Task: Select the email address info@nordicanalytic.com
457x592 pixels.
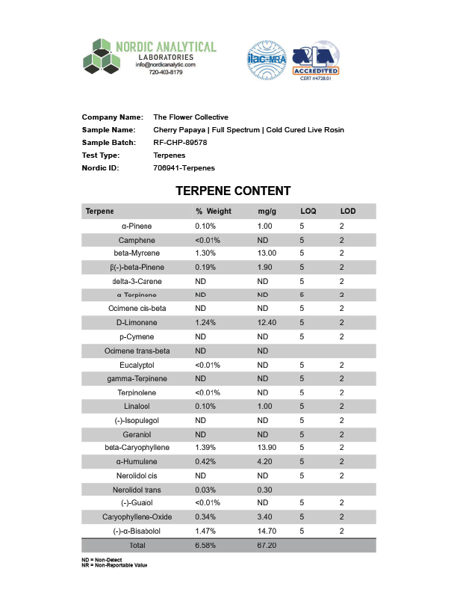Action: pyautogui.click(x=165, y=65)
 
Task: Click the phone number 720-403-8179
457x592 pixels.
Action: pyautogui.click(x=165, y=73)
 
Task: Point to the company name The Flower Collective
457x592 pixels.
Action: pyautogui.click(x=190, y=117)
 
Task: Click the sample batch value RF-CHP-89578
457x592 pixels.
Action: pyautogui.click(x=180, y=142)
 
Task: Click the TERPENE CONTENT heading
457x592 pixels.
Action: pyautogui.click(x=233, y=191)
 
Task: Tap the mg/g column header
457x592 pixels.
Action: pyautogui.click(x=267, y=212)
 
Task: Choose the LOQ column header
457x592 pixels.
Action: pyautogui.click(x=308, y=212)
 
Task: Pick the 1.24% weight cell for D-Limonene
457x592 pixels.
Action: pyautogui.click(x=205, y=323)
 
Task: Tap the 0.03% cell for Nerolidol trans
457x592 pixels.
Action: pyautogui.click(x=205, y=490)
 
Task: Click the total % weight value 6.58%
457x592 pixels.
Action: pyautogui.click(x=205, y=546)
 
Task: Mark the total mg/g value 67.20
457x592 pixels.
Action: pyautogui.click(x=267, y=546)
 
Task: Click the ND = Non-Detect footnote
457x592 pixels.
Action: pyautogui.click(x=102, y=560)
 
